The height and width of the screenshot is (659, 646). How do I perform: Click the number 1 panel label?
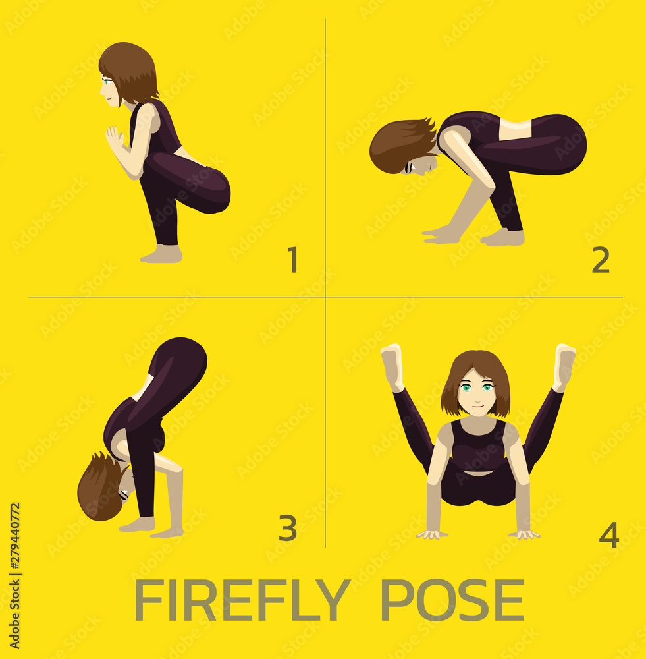click(292, 260)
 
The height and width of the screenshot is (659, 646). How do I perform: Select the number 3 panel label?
click(288, 528)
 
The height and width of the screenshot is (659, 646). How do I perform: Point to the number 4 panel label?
click(609, 534)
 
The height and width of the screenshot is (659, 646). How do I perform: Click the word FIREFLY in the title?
click(242, 600)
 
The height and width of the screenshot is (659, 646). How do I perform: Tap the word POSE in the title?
click(452, 600)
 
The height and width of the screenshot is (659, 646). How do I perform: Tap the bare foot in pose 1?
click(161, 254)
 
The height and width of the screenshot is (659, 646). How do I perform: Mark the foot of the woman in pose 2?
click(503, 237)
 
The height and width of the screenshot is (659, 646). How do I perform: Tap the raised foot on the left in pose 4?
click(392, 366)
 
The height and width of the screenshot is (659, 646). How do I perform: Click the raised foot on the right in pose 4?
click(564, 366)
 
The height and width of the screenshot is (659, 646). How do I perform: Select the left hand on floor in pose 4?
click(432, 533)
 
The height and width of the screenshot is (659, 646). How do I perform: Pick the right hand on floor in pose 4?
click(524, 533)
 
